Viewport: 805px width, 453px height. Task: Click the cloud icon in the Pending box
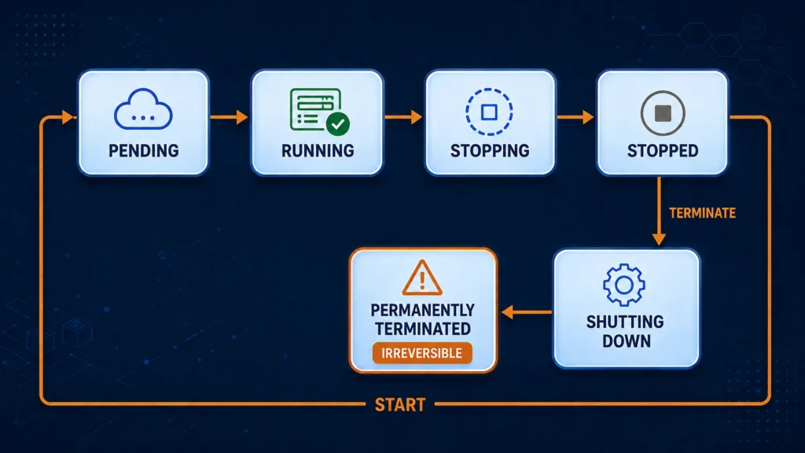tap(143, 109)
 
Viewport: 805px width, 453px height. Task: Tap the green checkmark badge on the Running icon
tap(338, 123)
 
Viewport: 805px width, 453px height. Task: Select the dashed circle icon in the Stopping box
tap(489, 112)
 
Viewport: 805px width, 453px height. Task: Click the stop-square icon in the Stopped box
tap(662, 113)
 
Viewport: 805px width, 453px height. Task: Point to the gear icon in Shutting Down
tap(623, 285)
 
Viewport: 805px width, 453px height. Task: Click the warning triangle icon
tap(422, 278)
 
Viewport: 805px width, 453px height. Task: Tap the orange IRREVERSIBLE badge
tap(422, 353)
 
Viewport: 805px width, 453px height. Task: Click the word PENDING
tap(144, 151)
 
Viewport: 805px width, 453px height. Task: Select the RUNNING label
tap(318, 151)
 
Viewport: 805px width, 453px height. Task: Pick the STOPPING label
tap(490, 151)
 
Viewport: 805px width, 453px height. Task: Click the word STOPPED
tap(663, 151)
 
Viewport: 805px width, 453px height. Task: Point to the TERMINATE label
tap(702, 213)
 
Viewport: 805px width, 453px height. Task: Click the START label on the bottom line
tap(400, 405)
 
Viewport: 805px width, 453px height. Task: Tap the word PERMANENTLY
tap(422, 310)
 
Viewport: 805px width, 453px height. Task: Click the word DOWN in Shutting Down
tap(627, 341)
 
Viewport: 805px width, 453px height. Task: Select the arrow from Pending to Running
tap(229, 117)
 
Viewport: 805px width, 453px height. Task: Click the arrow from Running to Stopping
tap(403, 117)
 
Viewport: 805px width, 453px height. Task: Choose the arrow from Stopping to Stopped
tap(575, 117)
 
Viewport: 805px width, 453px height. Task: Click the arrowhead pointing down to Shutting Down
tap(660, 239)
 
